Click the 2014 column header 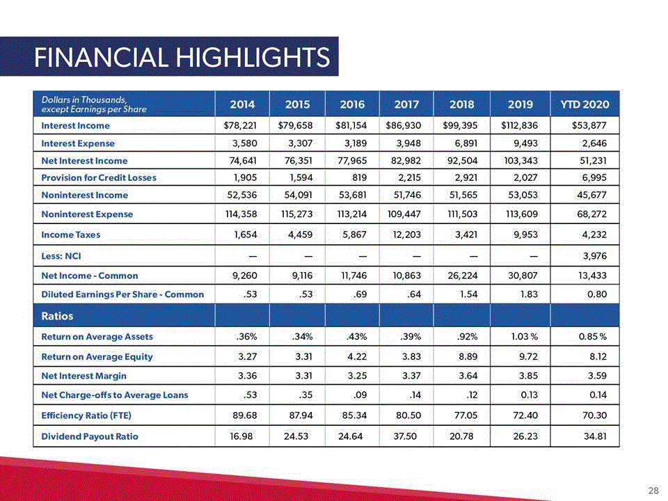(x=242, y=104)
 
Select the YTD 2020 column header (x=584, y=104)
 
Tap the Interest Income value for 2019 (x=519, y=126)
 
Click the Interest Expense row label (x=78, y=143)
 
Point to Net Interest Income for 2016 (x=353, y=161)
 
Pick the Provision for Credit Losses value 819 (x=360, y=177)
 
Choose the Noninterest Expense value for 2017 (x=404, y=214)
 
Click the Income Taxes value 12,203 (x=406, y=234)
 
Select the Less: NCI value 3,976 (x=595, y=256)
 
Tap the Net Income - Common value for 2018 (x=463, y=276)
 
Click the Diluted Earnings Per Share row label (x=122, y=294)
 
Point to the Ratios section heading (x=57, y=316)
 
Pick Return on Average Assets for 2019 (x=525, y=337)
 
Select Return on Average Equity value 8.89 (x=468, y=356)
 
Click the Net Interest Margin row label (x=84, y=376)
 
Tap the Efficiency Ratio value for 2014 (x=244, y=415)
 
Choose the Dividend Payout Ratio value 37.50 (x=405, y=436)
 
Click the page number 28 (x=653, y=491)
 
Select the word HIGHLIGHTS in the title (x=253, y=58)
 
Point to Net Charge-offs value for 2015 (x=305, y=395)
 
